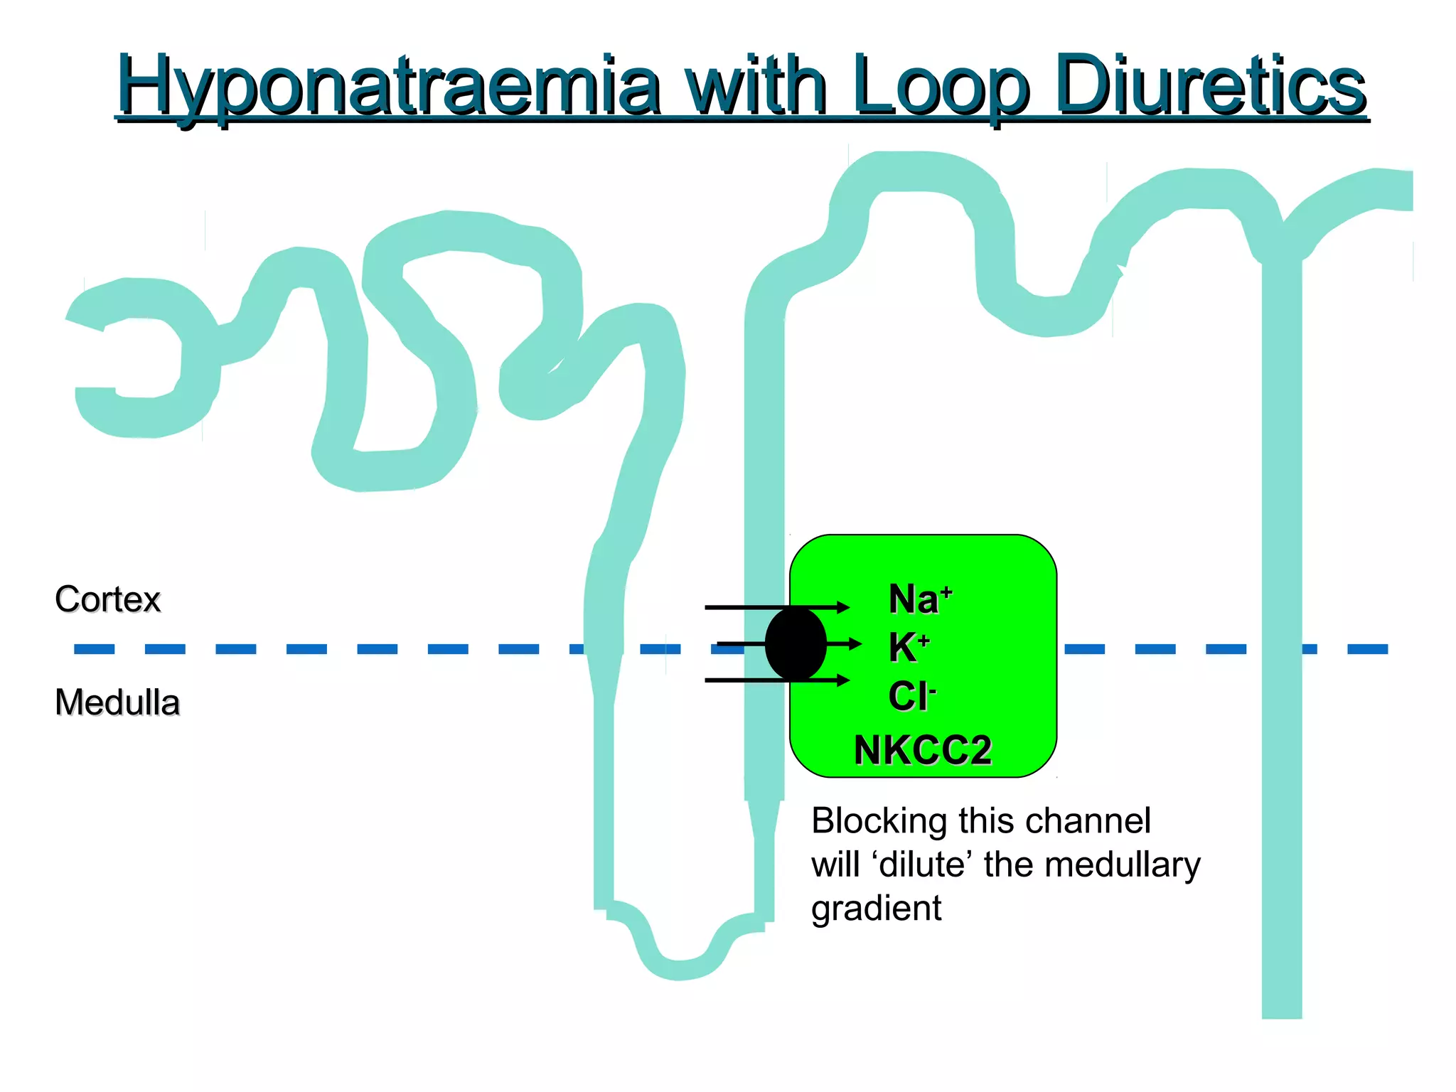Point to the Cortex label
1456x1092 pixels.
tap(107, 599)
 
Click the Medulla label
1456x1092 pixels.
tap(117, 702)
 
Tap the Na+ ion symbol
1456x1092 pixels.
tap(919, 599)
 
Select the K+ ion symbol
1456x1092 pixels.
tap(908, 648)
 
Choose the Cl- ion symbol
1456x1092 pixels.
tap(911, 696)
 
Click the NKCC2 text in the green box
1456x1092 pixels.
tap(922, 750)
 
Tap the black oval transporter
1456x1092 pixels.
tap(796, 644)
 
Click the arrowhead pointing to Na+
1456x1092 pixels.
tap(843, 607)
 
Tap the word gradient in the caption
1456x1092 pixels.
tap(876, 908)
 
